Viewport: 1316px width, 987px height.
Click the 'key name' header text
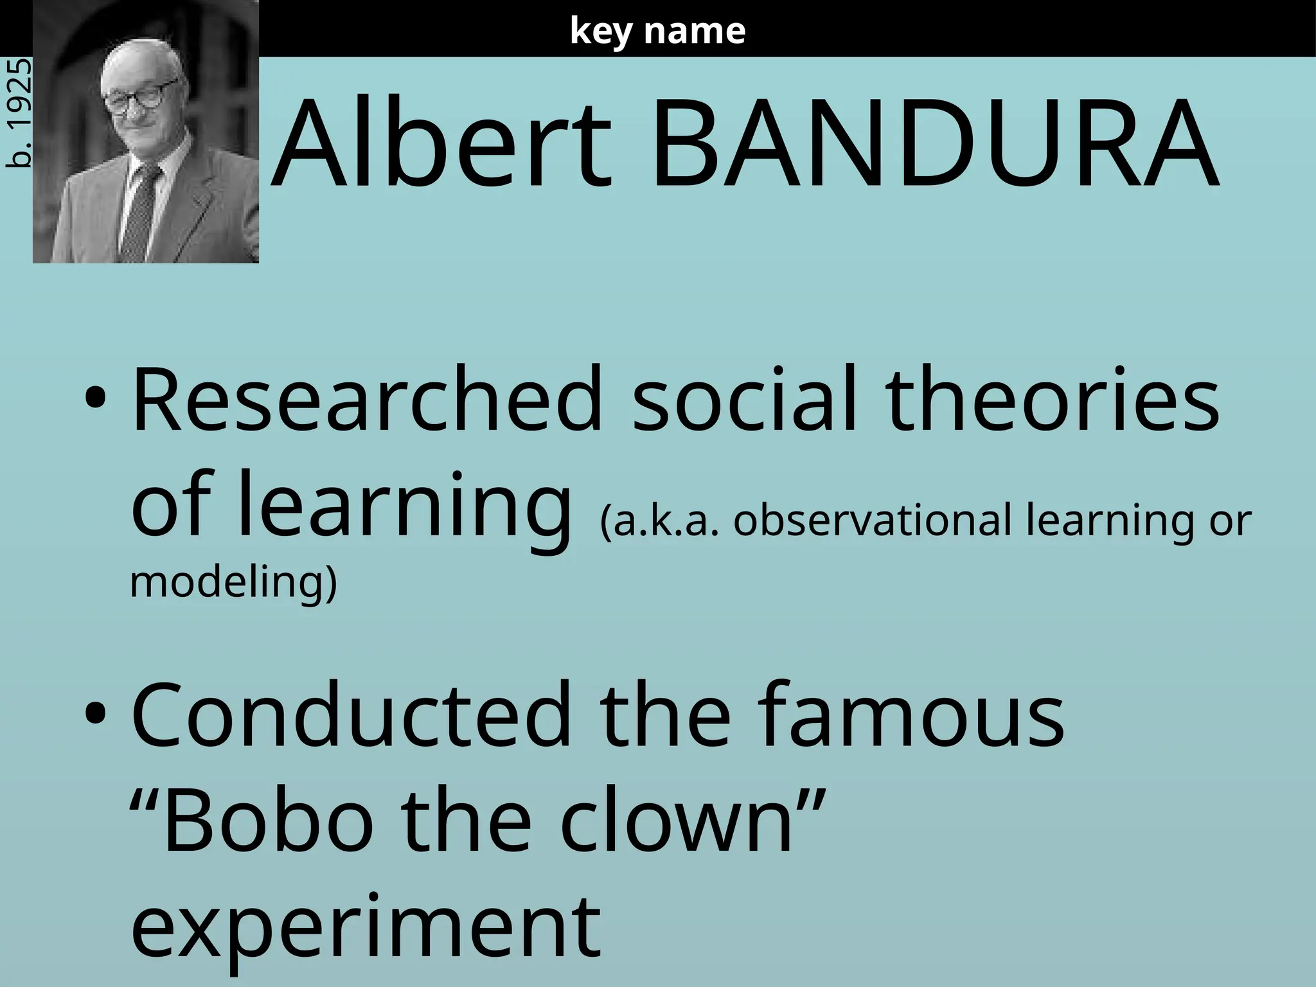[657, 31]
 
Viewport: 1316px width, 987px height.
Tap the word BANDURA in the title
[935, 145]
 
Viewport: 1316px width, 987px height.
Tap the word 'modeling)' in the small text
[233, 582]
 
